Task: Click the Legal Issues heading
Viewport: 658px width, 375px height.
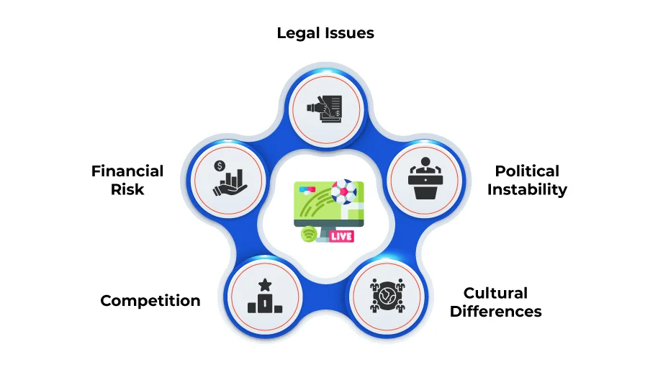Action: pyautogui.click(x=325, y=33)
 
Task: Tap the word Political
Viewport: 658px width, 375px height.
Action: pyautogui.click(x=527, y=171)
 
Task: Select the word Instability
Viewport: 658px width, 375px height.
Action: pyautogui.click(x=527, y=189)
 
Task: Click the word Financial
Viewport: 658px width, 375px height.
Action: pyautogui.click(x=127, y=171)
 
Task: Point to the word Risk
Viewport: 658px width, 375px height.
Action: pyautogui.click(x=127, y=189)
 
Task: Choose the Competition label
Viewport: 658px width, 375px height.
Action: pyautogui.click(x=150, y=301)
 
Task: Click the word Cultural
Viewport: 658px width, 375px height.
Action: pyautogui.click(x=495, y=293)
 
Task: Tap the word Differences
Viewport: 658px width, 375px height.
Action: pyautogui.click(x=495, y=312)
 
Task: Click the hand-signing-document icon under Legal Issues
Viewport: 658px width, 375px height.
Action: pyautogui.click(x=325, y=109)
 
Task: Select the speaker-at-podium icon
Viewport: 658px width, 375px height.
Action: pyautogui.click(x=425, y=179)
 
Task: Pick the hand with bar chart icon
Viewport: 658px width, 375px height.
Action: pyautogui.click(x=230, y=179)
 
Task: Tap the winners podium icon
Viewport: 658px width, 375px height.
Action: pyautogui.click(x=265, y=296)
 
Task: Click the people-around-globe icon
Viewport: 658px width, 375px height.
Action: pyautogui.click(x=387, y=296)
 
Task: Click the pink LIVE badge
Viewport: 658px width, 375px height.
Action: pyautogui.click(x=341, y=236)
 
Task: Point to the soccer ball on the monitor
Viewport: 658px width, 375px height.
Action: pyautogui.click(x=343, y=192)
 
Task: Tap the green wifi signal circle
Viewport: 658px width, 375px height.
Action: pyautogui.click(x=309, y=234)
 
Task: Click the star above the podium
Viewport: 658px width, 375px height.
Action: pyautogui.click(x=265, y=285)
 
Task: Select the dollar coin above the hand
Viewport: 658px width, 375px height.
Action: pyautogui.click(x=220, y=166)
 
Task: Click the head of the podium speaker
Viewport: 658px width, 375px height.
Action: pyautogui.click(x=425, y=162)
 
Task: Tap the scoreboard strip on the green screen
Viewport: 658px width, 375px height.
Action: pyautogui.click(x=307, y=190)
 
